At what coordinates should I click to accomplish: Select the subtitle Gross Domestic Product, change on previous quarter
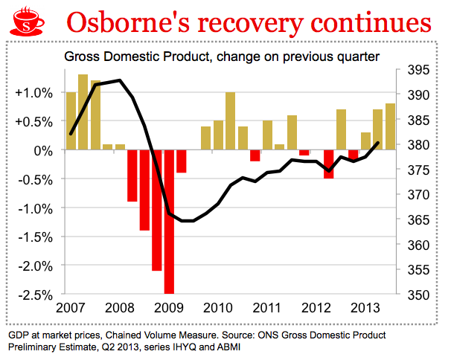coord(223,57)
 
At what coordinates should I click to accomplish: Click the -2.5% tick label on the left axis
coord(34,295)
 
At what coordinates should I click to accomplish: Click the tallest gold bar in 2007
coord(83,112)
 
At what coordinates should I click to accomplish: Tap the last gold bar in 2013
coord(390,126)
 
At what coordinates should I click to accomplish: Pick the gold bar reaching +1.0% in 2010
coord(230,120)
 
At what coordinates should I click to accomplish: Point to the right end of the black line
coord(379,142)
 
